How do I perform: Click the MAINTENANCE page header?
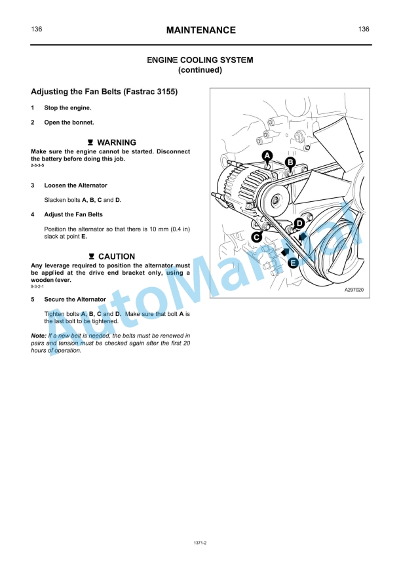click(x=200, y=30)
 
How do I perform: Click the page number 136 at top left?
click(x=37, y=29)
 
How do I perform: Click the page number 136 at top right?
click(x=364, y=29)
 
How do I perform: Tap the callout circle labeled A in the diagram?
click(x=267, y=155)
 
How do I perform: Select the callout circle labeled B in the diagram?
click(x=291, y=162)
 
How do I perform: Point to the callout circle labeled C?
click(x=256, y=237)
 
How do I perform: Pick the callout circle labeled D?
click(x=299, y=224)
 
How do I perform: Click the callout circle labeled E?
click(x=294, y=262)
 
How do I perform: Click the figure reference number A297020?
click(x=354, y=289)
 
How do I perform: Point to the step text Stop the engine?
click(x=67, y=108)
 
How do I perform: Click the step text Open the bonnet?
click(x=69, y=123)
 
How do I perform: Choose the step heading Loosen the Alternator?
click(x=75, y=186)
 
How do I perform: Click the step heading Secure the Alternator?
click(x=75, y=299)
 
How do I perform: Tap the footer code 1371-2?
click(x=200, y=543)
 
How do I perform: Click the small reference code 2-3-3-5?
click(x=37, y=166)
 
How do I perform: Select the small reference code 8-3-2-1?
click(x=37, y=287)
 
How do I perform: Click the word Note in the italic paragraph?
click(x=38, y=335)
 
